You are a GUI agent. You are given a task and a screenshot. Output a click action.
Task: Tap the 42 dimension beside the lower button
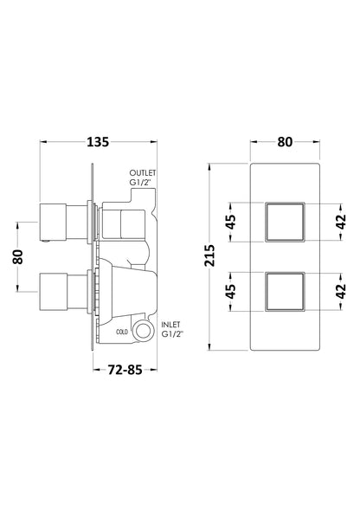pyautogui.click(x=340, y=290)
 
